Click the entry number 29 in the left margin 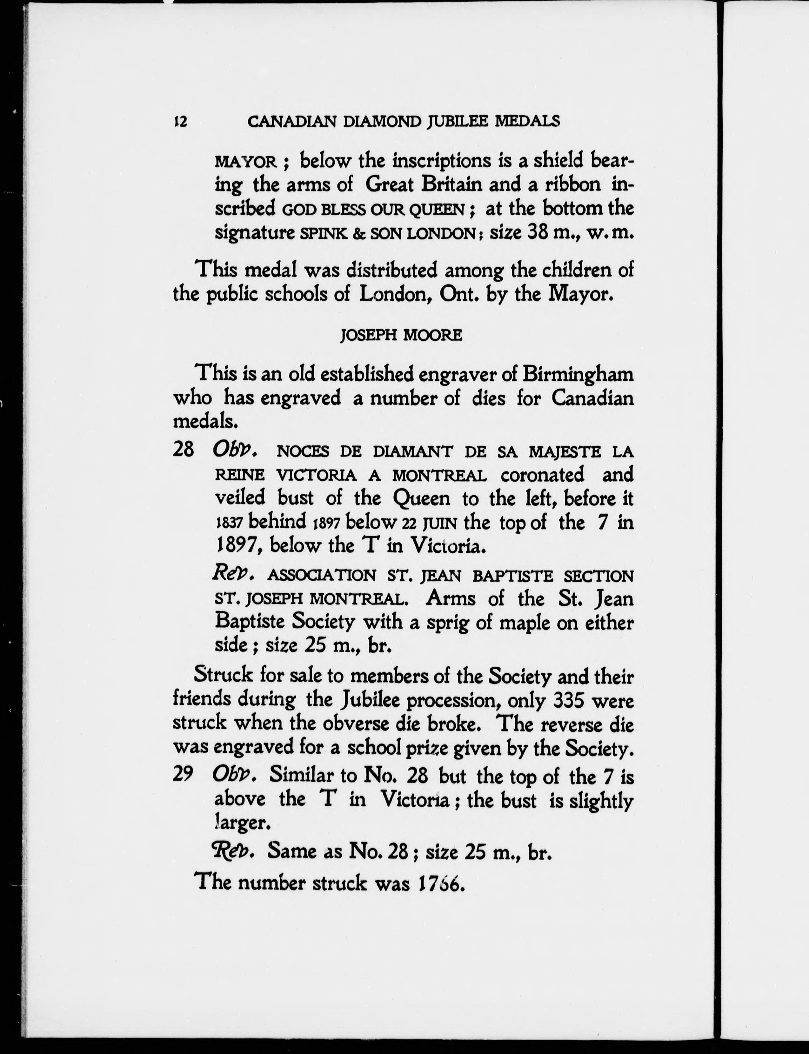click(184, 775)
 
